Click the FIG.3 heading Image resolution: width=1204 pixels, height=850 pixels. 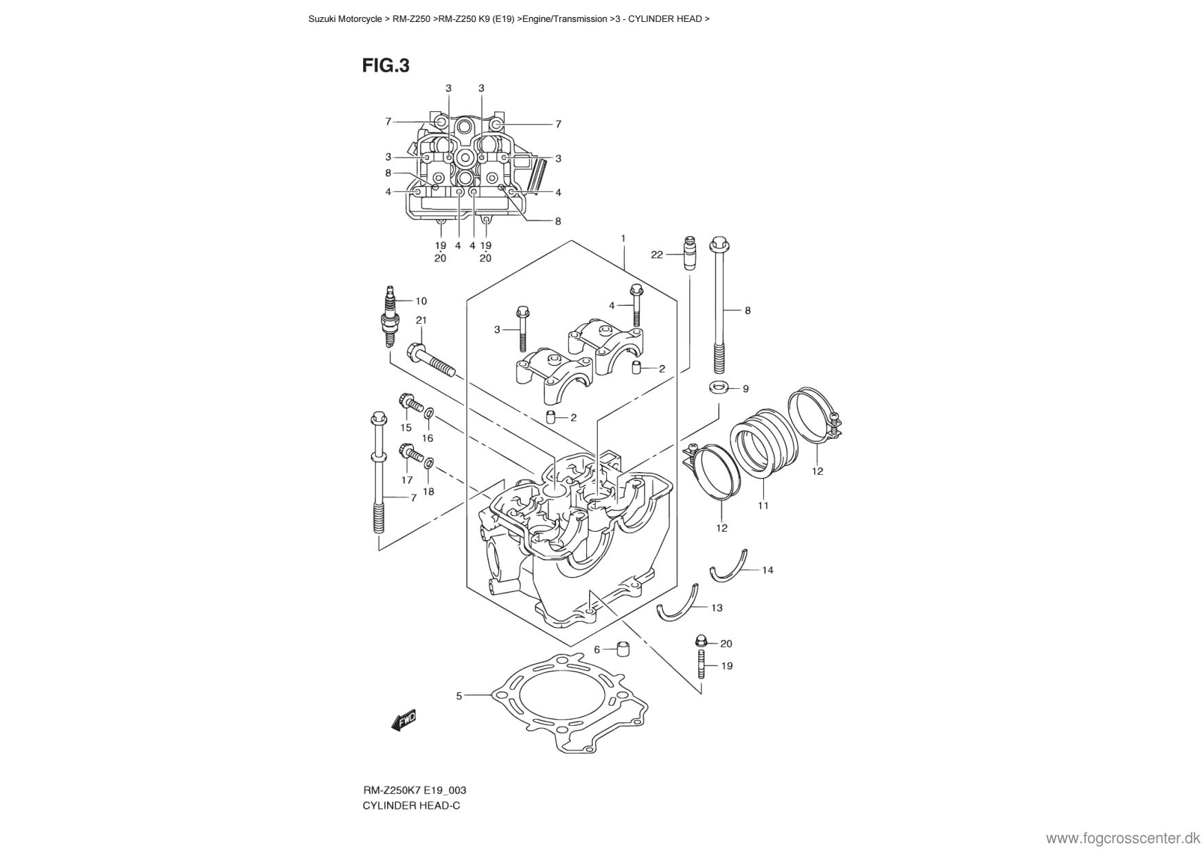coord(386,66)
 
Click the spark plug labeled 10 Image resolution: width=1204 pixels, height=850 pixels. coord(391,319)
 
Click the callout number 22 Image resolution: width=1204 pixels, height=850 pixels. coord(656,255)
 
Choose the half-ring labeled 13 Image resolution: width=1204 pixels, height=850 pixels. coord(678,604)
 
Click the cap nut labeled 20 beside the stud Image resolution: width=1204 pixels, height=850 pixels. coord(700,641)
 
